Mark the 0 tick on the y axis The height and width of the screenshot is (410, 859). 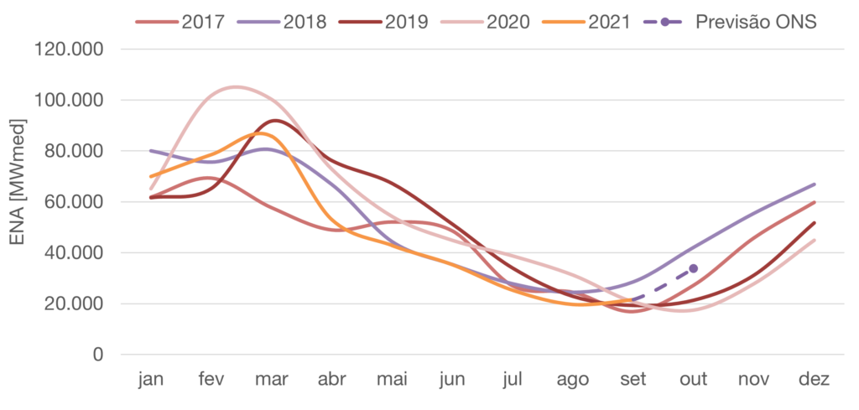(99, 355)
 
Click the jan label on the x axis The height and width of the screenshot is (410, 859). (151, 380)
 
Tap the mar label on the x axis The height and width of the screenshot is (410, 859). (270, 380)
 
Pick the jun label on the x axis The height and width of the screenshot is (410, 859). (451, 380)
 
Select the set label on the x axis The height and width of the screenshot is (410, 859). (633, 380)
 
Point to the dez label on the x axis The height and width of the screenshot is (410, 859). (814, 380)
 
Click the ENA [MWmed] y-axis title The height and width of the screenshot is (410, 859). (18, 183)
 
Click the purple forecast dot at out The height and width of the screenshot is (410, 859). (693, 268)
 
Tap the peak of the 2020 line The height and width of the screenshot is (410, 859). (236, 86)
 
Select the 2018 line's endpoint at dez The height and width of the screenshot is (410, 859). (814, 184)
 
